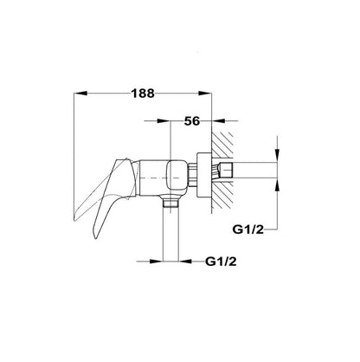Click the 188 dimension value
[x=143, y=94]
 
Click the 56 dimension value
[x=192, y=121]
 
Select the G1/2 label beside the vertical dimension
[x=248, y=229]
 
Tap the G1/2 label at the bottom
[x=221, y=262]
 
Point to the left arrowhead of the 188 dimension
[x=80, y=94]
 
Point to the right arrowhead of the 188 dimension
[x=205, y=94]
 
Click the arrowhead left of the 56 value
[x=164, y=121]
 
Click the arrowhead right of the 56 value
[x=218, y=121]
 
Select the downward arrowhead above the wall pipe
[x=278, y=156]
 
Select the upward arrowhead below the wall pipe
[x=278, y=185]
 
